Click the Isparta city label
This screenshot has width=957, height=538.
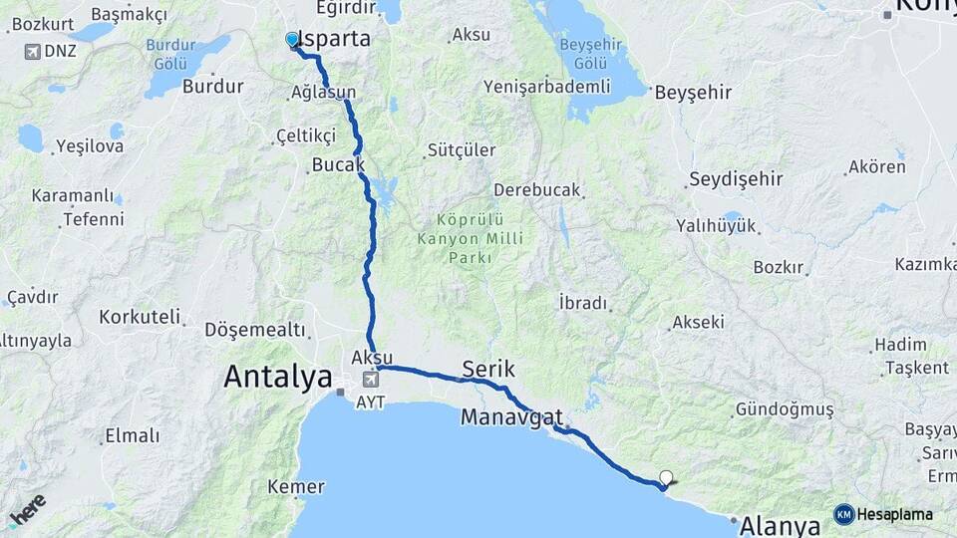coord(336,40)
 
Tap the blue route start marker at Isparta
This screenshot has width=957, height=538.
coord(292,39)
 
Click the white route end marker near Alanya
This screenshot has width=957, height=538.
coord(666,477)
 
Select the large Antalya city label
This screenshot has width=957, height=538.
coord(277,377)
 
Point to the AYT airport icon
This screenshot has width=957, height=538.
coord(372,380)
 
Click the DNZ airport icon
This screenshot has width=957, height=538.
coord(33,51)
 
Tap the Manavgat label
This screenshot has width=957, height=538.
coord(511,417)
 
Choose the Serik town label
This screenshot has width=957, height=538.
coord(488,371)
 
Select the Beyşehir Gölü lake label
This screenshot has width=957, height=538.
coord(583,54)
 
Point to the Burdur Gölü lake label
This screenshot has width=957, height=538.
coord(170,54)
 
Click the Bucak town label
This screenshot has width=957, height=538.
coord(338,163)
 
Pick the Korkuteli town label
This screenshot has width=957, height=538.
coord(140,318)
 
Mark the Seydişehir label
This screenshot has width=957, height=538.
coord(736,179)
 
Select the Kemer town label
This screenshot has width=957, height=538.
coord(296,487)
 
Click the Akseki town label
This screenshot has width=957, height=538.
coord(698,322)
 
